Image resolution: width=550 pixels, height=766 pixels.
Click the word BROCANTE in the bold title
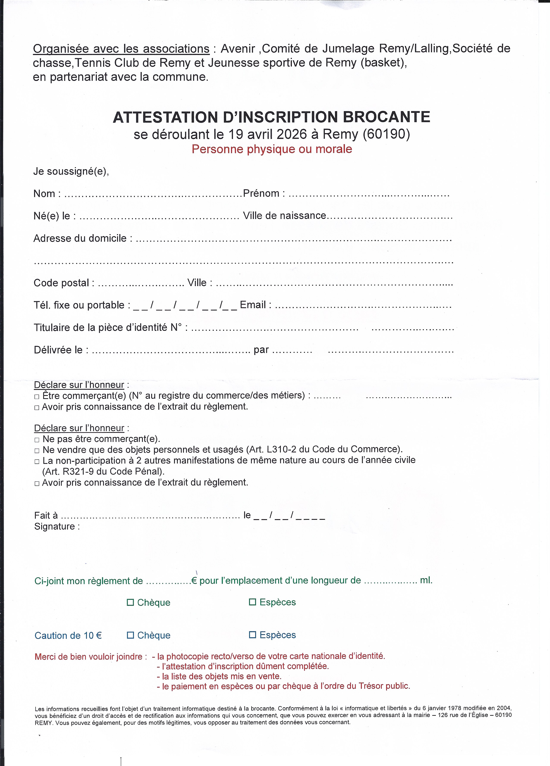click(386, 117)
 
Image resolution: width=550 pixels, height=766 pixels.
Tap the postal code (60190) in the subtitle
click(386, 134)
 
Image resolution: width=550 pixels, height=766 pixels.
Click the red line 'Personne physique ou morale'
click(272, 149)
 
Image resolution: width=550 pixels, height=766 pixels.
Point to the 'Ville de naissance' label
click(284, 216)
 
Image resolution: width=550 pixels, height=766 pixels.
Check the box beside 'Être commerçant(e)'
click(37, 397)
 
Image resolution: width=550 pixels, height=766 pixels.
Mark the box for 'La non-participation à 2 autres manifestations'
click(37, 462)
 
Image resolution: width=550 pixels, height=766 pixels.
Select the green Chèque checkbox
click(130, 602)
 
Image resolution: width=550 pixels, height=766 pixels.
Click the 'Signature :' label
click(57, 526)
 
